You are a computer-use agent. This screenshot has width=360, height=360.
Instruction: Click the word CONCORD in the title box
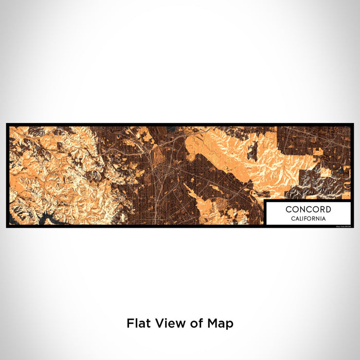point(309,209)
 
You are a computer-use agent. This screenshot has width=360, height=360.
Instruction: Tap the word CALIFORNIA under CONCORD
point(309,219)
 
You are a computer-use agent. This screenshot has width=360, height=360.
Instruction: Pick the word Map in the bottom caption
point(222,324)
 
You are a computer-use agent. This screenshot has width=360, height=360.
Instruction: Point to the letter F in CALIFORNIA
point(305,219)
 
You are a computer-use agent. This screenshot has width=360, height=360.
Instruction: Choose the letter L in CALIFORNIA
point(300,219)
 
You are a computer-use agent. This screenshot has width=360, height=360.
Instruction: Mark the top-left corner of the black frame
point(7,124)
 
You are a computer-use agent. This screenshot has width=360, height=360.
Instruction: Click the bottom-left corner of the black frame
point(7,227)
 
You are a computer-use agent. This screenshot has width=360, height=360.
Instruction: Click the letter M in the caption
point(215,323)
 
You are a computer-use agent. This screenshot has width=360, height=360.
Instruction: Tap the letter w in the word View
point(178,323)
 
